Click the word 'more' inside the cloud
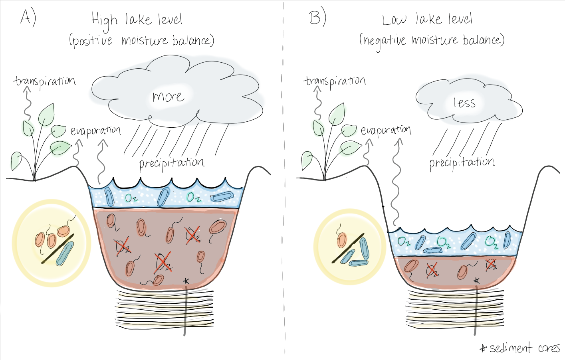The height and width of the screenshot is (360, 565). [x=168, y=97]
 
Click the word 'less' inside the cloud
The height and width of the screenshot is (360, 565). [x=464, y=103]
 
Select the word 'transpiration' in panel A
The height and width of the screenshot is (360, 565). [x=44, y=81]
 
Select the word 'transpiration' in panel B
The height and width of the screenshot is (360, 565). [x=335, y=81]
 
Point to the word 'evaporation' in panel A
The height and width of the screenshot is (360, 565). [x=95, y=131]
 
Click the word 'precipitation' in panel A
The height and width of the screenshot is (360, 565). [x=172, y=163]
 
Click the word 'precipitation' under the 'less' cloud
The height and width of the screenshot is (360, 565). [x=462, y=162]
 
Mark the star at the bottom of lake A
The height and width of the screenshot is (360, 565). [x=186, y=281]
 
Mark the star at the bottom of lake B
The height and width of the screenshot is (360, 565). [x=476, y=281]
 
